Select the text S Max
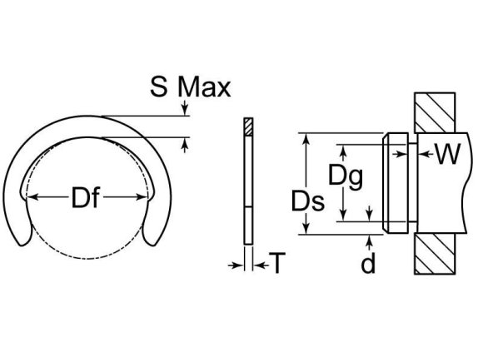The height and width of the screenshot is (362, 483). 190,87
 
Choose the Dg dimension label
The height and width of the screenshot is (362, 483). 345,175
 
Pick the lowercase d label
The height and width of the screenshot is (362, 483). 368,264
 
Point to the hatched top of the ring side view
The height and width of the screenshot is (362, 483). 247,126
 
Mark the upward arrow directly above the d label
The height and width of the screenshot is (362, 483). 369,241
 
